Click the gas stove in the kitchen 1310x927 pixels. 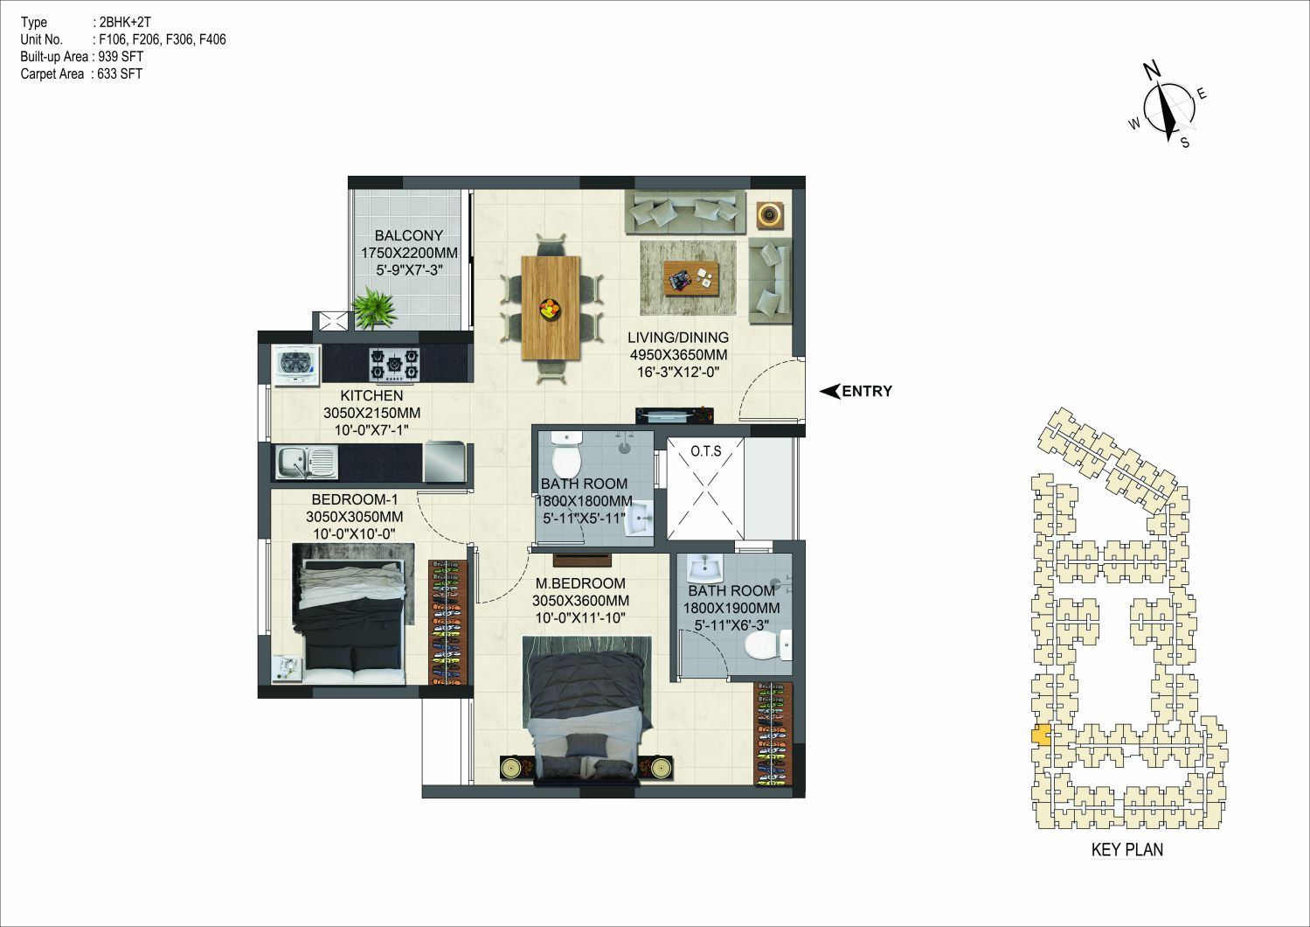395,364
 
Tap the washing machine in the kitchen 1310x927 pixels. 296,365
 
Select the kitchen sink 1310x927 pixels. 307,463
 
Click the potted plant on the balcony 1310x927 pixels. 375,308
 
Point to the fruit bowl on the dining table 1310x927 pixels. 550,308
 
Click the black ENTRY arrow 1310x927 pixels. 829,391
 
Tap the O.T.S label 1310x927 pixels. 706,451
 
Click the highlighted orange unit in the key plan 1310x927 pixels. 1041,735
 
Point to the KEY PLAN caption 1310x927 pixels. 1127,849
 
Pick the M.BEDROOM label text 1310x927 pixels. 581,583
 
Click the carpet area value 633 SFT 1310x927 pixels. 120,73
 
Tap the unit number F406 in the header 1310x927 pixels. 212,39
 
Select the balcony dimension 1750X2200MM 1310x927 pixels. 409,253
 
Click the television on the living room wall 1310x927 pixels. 675,415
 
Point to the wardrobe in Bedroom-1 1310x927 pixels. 449,623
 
